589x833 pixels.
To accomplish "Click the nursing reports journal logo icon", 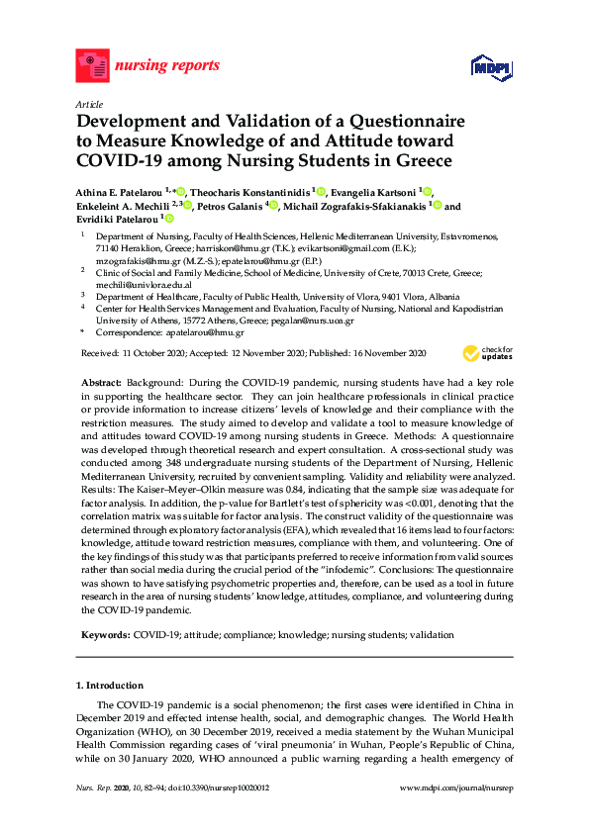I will tap(93, 66).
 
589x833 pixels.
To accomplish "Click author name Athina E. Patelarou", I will tap(123, 191).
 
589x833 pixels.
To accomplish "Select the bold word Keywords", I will tap(102, 634).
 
